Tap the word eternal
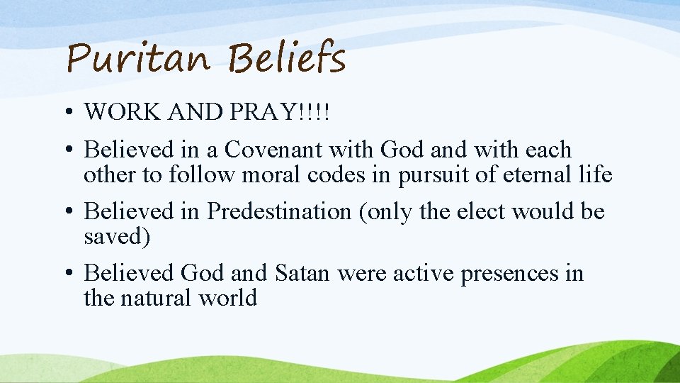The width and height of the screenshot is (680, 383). click(527, 174)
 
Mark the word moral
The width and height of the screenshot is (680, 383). click(272, 174)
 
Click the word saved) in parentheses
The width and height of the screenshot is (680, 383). click(117, 236)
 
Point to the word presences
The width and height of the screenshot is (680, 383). click(509, 272)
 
